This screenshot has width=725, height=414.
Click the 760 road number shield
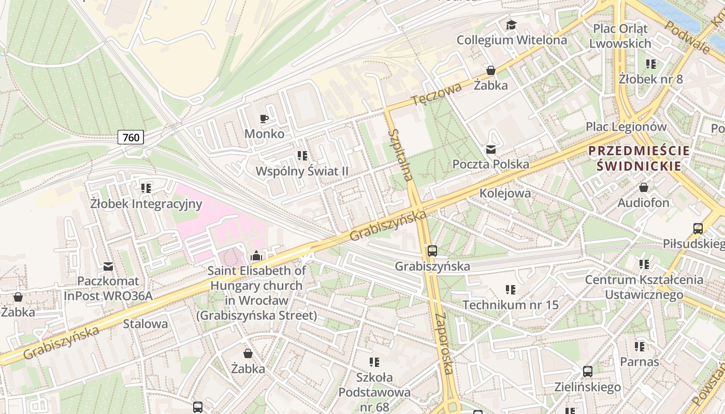pos(131,137)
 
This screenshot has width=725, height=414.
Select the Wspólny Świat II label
pos(302,171)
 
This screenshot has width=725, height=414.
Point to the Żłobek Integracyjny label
pos(146,204)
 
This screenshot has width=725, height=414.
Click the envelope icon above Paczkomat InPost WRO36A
pos(108,267)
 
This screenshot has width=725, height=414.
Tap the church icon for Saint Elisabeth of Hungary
pos(255,256)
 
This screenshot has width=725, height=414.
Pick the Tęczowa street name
pos(437,94)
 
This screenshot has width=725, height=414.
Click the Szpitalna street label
pos(401,155)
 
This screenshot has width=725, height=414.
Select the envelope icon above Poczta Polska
pos(490,150)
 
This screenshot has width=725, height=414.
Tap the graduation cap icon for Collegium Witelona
pos(511,25)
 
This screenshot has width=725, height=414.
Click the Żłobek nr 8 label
pos(650,79)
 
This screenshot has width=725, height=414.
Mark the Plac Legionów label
pos(626,127)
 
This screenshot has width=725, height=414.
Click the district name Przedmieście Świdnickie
pos(639,158)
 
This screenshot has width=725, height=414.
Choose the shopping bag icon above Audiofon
pos(644,187)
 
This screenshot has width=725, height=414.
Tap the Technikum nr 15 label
pos(510,305)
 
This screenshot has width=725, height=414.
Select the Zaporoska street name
pos(445,343)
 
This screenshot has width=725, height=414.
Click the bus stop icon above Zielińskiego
pos(587,371)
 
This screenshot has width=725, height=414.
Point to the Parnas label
pos(640,362)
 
